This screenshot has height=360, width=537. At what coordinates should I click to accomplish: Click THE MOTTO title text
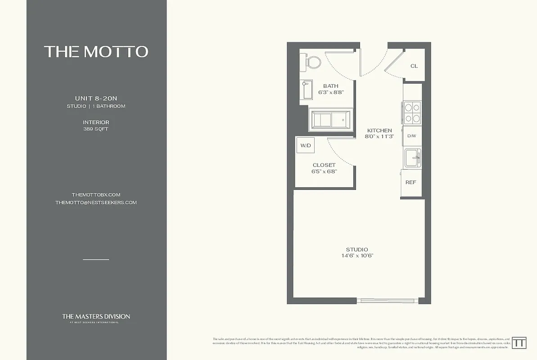pyautogui.click(x=96, y=51)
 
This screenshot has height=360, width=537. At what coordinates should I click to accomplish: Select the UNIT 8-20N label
pyautogui.click(x=96, y=98)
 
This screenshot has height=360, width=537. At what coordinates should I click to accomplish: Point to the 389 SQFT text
pyautogui.click(x=96, y=129)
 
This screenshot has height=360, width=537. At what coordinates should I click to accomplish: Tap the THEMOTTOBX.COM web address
pyautogui.click(x=96, y=195)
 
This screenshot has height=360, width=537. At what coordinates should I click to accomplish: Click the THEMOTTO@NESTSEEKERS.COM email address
pyautogui.click(x=96, y=202)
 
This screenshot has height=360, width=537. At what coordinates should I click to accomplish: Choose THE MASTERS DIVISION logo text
pyautogui.click(x=96, y=316)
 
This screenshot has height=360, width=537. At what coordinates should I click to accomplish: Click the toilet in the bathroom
pyautogui.click(x=311, y=62)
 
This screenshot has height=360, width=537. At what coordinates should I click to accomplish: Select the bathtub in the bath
pyautogui.click(x=331, y=121)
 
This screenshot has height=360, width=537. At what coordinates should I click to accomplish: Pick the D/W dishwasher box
pyautogui.click(x=411, y=136)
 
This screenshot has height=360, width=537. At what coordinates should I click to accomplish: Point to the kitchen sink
pyautogui.click(x=412, y=157)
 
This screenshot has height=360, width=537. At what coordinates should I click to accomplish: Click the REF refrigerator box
pyautogui.click(x=411, y=183)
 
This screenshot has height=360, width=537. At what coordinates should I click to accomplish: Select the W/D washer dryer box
pyautogui.click(x=306, y=145)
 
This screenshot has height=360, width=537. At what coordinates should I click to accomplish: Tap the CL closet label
pyautogui.click(x=414, y=66)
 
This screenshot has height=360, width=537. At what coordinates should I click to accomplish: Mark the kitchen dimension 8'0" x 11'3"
pyautogui.click(x=379, y=136)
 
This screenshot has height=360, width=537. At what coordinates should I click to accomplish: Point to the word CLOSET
pyautogui.click(x=324, y=165)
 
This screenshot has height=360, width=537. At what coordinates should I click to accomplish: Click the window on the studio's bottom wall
pyautogui.click(x=385, y=300)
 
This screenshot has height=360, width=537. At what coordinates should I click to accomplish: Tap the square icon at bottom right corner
pyautogui.click(x=520, y=342)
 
